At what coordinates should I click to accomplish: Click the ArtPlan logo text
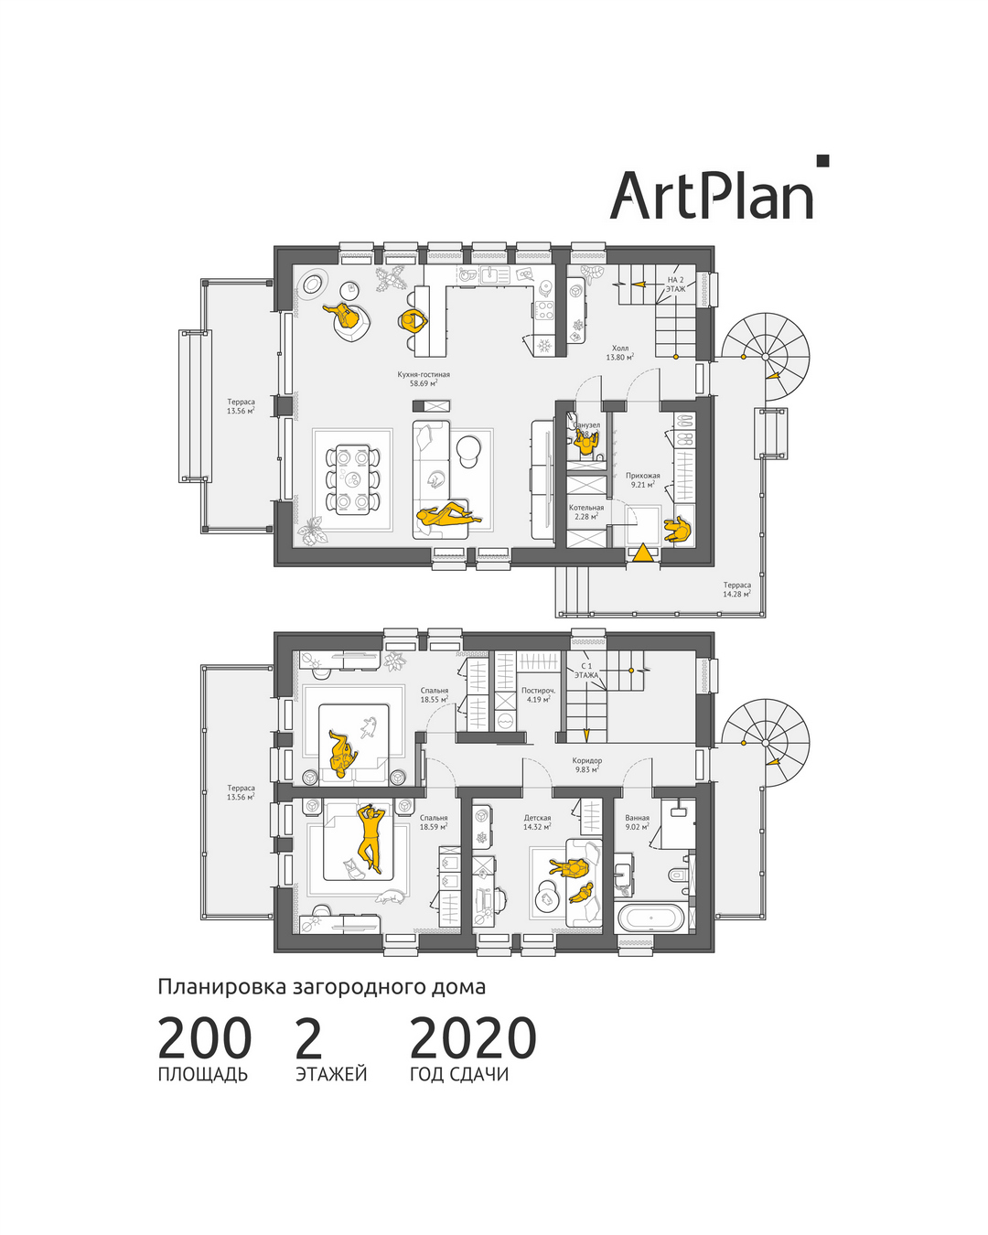[x=711, y=196]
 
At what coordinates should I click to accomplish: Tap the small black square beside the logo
[x=822, y=161]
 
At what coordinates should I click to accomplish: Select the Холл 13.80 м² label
[x=619, y=353]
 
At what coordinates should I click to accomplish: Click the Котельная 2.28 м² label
[x=586, y=512]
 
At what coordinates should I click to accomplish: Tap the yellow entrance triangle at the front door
[x=643, y=553]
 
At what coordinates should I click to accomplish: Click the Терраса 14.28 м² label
[x=736, y=589]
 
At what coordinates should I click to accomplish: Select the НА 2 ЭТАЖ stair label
[x=675, y=284]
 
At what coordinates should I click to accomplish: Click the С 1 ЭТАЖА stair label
[x=586, y=671]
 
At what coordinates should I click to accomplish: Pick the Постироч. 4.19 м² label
[x=538, y=695]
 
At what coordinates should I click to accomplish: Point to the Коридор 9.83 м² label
[x=587, y=765]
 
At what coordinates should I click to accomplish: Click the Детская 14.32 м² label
[x=537, y=822]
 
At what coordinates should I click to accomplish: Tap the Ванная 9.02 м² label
[x=637, y=822]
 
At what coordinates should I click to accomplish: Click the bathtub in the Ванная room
[x=650, y=917]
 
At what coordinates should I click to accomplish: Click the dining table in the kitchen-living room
[x=351, y=478]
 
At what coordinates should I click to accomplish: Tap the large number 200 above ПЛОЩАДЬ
[x=204, y=1038]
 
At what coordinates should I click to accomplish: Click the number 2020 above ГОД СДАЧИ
[x=472, y=1038]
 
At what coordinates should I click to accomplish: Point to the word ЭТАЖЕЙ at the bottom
[x=331, y=1074]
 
